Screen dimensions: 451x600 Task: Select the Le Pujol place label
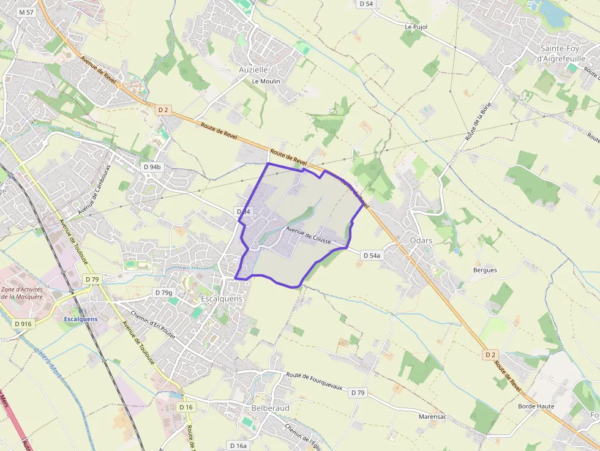pos(416,27)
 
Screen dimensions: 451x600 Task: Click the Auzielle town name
pos(253,70)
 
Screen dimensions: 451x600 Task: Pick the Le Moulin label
pos(266,81)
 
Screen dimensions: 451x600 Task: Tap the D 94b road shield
pos(152,167)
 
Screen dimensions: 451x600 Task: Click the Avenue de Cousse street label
pos(309,236)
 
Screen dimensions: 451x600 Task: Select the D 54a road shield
pos(371,255)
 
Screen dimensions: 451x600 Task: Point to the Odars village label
pos(421,240)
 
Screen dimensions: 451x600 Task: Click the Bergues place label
pos(485,270)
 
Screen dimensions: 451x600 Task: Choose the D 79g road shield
pos(163,293)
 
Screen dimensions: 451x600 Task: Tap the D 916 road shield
pos(22,324)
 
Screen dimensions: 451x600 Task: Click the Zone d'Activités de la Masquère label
pos(22,293)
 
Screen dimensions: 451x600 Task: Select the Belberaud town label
pos(270,408)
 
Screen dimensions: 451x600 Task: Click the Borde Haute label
pos(536,406)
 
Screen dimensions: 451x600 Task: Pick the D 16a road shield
pos(238,445)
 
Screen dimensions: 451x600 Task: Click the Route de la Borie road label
pos(479,122)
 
